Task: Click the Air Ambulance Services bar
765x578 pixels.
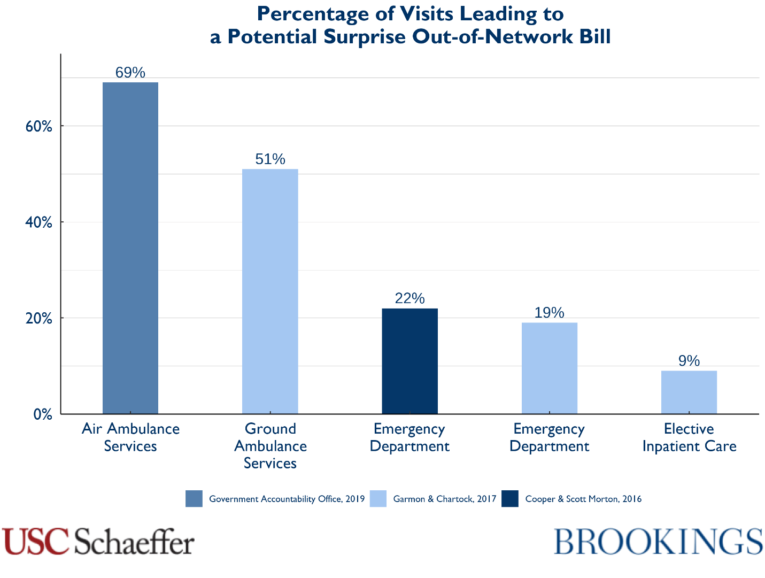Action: click(130, 248)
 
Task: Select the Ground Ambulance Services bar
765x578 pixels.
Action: click(270, 291)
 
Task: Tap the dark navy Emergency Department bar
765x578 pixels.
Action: click(409, 361)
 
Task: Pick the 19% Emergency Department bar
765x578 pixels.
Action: click(549, 368)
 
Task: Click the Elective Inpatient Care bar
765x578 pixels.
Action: click(689, 392)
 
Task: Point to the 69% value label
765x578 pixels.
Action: click(130, 73)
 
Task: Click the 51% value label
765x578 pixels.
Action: click(270, 159)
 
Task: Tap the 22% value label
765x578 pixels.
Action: click(409, 298)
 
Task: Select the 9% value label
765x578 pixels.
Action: click(689, 361)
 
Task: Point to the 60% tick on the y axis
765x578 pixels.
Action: click(39, 127)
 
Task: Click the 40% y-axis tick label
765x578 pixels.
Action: click(39, 222)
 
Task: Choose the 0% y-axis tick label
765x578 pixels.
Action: click(43, 414)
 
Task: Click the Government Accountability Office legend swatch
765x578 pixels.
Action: click(194, 499)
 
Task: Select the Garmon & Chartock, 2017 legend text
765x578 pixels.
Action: click(444, 499)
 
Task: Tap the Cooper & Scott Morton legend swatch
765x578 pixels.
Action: click(510, 499)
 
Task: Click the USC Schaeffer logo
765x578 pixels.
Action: click(98, 541)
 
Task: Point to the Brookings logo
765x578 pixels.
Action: click(658, 541)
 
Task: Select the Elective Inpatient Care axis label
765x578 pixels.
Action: click(689, 437)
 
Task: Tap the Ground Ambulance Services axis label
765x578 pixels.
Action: click(270, 446)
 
